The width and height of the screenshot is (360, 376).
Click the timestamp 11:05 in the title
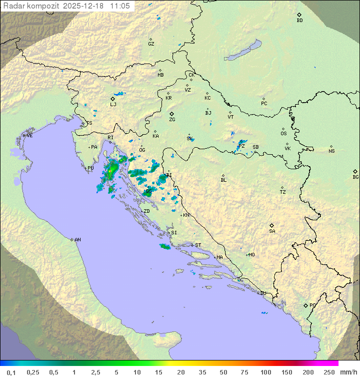point(120,6)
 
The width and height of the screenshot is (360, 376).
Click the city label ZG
point(172,120)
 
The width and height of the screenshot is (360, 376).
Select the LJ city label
point(113,105)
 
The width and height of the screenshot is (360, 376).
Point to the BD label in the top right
point(299,21)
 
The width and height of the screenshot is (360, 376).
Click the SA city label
point(272,231)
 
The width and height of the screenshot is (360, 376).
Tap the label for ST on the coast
point(198,245)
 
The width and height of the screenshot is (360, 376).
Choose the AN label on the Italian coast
point(77,240)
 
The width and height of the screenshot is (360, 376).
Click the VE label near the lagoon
point(29,136)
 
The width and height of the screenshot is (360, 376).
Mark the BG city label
point(355,177)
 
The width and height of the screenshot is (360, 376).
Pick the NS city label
point(331,151)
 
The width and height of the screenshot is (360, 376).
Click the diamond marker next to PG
point(306,305)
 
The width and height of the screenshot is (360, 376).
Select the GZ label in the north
point(151,44)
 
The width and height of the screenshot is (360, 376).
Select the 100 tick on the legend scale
point(265,372)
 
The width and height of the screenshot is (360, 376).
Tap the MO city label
point(251,255)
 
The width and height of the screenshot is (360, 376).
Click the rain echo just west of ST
point(165,246)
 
